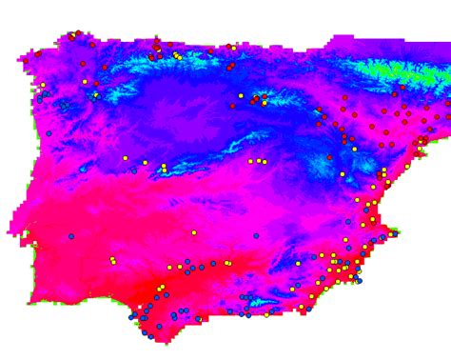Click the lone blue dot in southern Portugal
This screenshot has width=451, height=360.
[70, 236]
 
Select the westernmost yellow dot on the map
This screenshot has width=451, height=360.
[42, 85]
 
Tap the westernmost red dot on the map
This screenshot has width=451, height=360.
[38, 54]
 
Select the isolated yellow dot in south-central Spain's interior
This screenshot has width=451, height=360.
[194, 232]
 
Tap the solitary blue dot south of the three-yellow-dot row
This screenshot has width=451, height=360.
[256, 235]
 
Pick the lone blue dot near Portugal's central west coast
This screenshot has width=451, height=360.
[49, 133]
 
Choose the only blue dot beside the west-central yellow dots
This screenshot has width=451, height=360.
[133, 171]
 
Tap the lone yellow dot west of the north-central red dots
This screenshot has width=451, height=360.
[241, 95]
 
